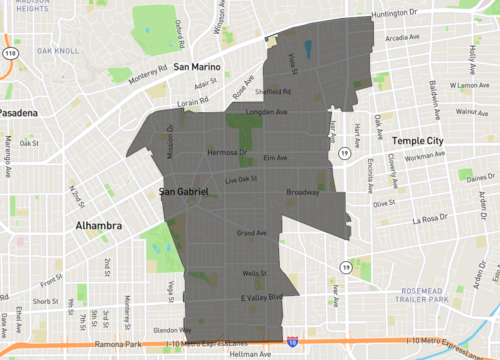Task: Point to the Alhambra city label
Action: tap(98, 226)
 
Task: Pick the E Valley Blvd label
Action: tap(263, 298)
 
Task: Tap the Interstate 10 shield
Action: tap(291, 341)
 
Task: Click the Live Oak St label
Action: tap(241, 179)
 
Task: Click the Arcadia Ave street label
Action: tap(403, 38)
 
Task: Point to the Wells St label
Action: tap(254, 273)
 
